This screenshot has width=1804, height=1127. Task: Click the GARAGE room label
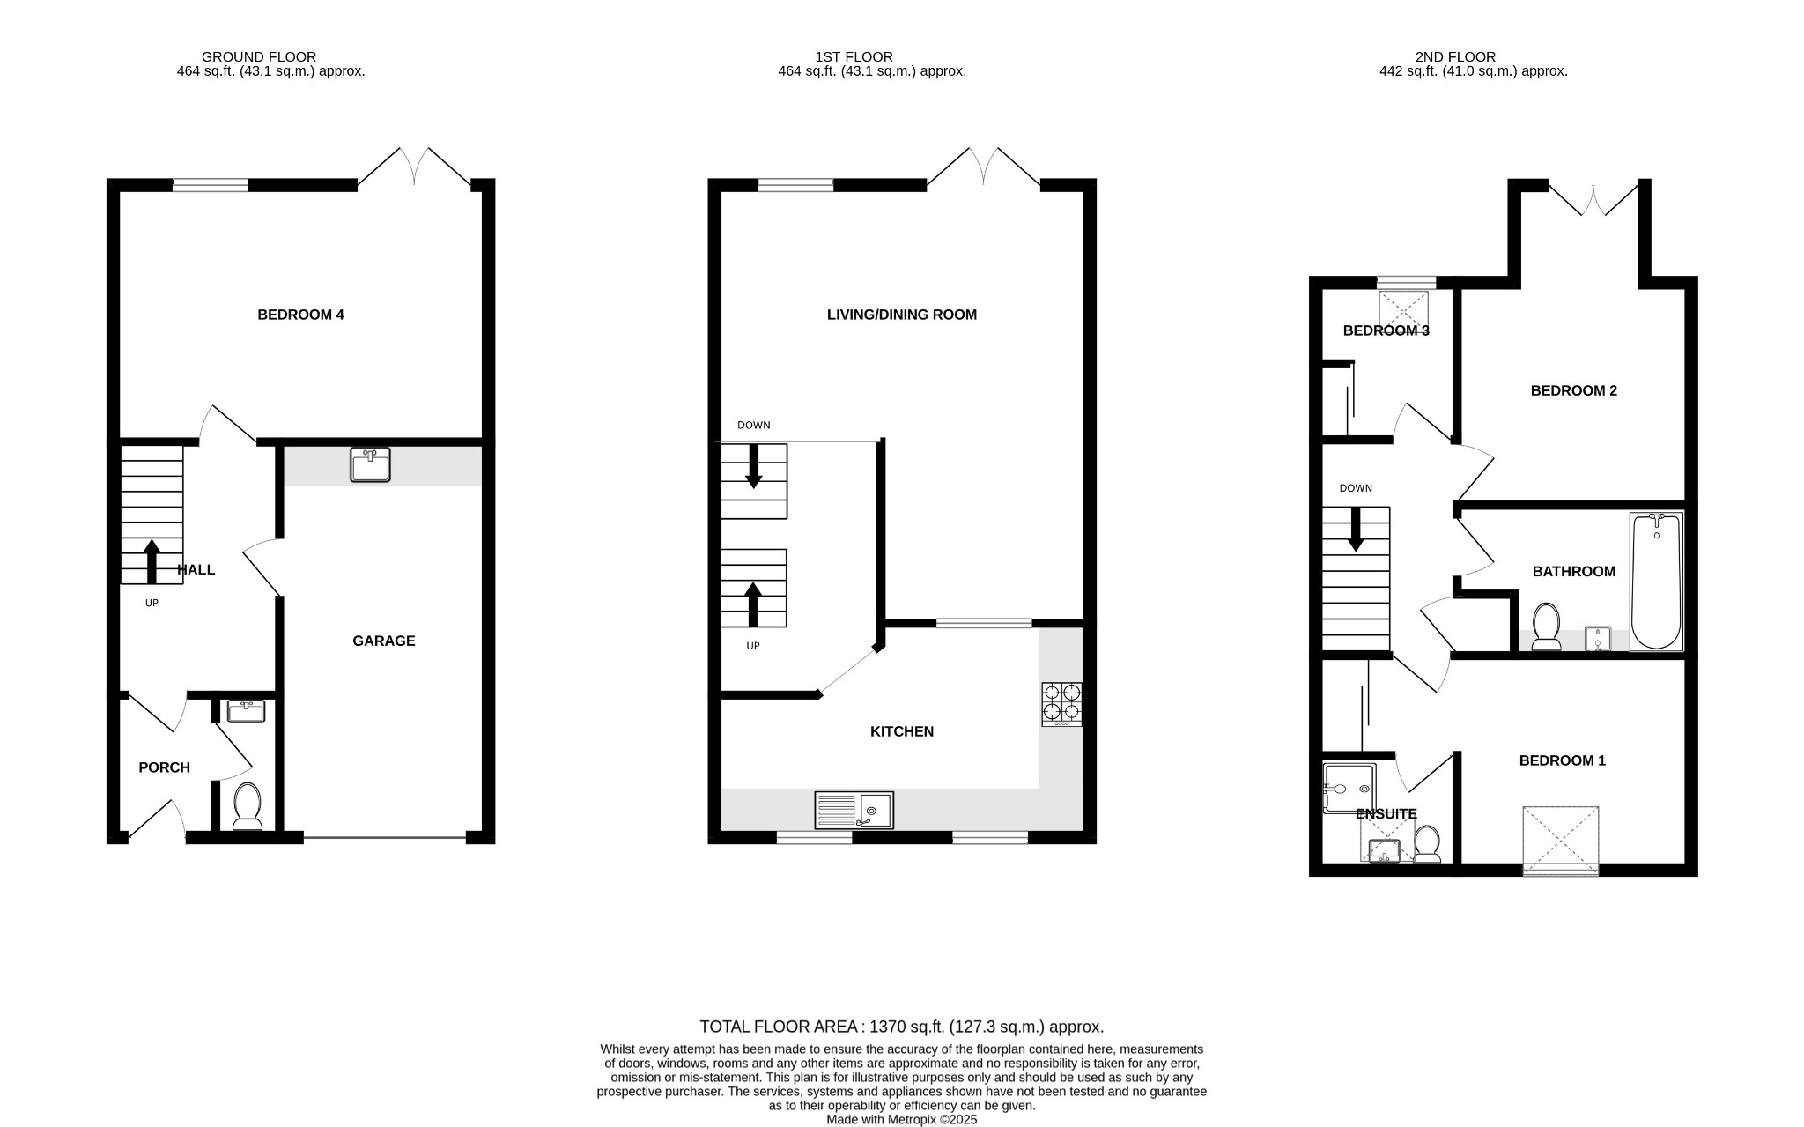(x=383, y=641)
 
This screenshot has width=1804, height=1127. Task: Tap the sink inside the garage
(x=370, y=464)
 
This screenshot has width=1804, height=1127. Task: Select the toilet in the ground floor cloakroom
(x=248, y=805)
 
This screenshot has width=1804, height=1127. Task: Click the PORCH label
(x=164, y=767)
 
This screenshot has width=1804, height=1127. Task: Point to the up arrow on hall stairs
(x=152, y=561)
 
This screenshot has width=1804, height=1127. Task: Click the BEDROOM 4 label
(x=300, y=315)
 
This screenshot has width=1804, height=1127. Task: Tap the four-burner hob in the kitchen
(x=1061, y=703)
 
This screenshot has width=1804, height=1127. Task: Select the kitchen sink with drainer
(x=854, y=809)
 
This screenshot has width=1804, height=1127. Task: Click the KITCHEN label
(x=901, y=731)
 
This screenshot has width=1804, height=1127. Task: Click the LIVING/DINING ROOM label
(x=901, y=315)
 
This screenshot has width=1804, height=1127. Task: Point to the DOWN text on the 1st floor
(x=753, y=425)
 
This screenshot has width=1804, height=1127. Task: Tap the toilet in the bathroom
(x=1546, y=626)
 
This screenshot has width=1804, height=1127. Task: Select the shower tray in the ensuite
(x=1348, y=787)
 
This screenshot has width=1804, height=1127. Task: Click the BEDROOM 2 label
(x=1573, y=390)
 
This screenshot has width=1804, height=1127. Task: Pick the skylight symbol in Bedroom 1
(x=1561, y=839)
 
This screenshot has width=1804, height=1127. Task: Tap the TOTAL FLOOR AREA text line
(x=901, y=1027)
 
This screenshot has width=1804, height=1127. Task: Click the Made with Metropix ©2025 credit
(x=901, y=1120)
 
